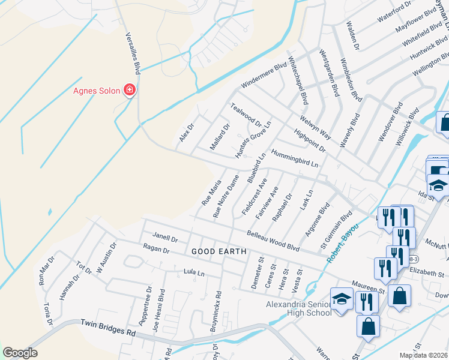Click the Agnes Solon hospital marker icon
click(x=129, y=91)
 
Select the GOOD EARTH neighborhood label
click(x=219, y=251)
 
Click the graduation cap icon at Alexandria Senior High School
click(x=342, y=299)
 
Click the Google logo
click(x=20, y=353)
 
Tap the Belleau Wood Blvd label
click(x=273, y=239)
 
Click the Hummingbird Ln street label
click(x=294, y=158)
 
